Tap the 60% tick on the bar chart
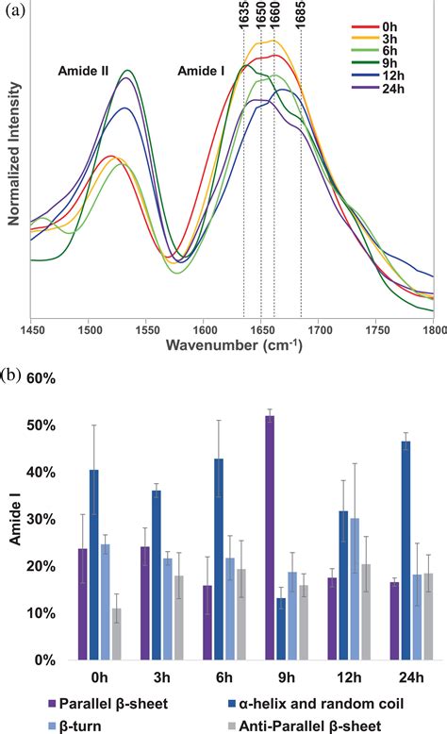[x=43, y=378]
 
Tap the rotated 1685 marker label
[x=301, y=15]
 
